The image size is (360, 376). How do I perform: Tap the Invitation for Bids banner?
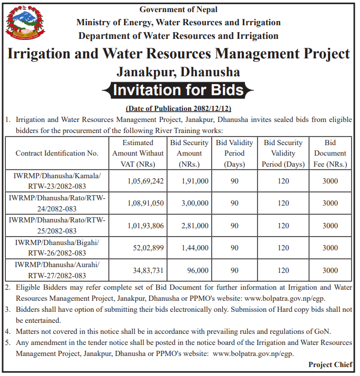179,90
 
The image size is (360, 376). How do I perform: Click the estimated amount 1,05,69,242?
146,181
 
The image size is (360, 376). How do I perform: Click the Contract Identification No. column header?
57,154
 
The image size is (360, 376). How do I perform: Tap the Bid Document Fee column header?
330,154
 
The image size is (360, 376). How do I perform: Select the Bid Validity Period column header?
234,154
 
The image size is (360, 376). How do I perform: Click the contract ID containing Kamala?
57,180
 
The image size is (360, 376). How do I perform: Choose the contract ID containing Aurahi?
57,270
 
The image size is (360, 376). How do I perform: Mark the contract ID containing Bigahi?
57,248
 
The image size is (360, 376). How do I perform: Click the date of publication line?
179,109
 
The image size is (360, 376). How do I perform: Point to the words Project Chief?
330,364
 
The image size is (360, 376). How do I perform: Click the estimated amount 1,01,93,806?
146,226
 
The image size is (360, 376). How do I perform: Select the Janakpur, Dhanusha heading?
179,71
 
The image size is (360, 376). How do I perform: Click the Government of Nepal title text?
179,9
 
